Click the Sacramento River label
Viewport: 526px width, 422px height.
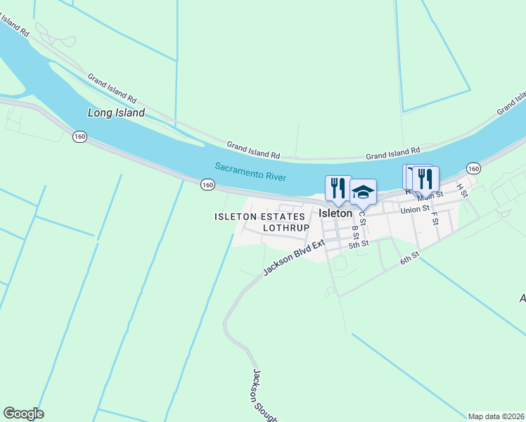(250, 172)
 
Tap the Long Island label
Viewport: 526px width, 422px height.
(116, 113)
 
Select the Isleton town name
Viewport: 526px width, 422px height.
(335, 213)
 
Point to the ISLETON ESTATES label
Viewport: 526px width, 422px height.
(259, 217)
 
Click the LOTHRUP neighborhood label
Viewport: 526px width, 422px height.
(286, 228)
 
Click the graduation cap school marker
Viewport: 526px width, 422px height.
(363, 192)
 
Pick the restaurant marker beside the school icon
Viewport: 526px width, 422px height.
(338, 188)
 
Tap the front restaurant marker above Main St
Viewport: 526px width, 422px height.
(425, 179)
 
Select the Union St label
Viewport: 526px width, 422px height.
(415, 210)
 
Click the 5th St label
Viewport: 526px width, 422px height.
(359, 244)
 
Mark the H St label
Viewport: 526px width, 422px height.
(462, 190)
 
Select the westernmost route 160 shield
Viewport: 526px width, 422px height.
(79, 136)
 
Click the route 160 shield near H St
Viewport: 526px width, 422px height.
(473, 168)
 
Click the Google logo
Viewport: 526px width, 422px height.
(23, 414)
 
